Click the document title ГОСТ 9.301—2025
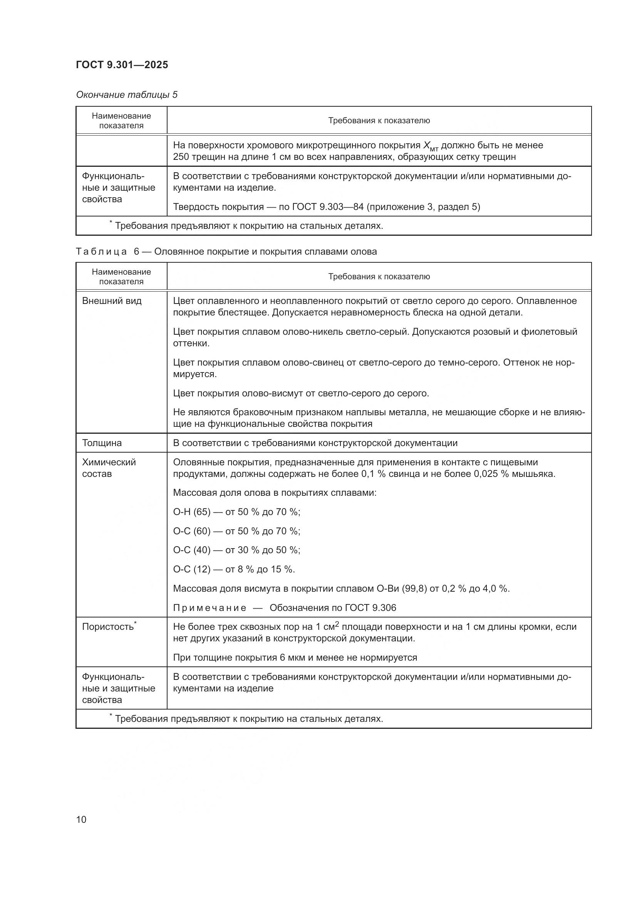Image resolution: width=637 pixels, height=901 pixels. (122, 65)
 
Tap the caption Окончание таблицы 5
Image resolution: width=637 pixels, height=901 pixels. (127, 95)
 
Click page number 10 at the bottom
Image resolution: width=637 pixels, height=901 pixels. (81, 819)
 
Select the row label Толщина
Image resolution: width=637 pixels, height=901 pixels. (102, 443)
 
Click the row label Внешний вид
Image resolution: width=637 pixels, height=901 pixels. (112, 300)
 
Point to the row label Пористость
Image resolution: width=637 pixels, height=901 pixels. (109, 627)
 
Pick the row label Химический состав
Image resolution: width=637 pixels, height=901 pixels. (109, 467)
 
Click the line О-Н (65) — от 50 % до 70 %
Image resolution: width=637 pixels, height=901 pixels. (236, 512)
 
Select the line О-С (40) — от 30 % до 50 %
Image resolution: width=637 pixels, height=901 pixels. (236, 550)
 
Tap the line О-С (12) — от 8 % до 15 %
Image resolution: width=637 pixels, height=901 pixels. (234, 569)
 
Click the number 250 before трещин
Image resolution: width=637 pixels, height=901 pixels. (181, 156)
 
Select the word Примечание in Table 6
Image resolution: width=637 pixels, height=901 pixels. (210, 607)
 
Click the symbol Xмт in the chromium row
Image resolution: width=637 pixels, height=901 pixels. (430, 146)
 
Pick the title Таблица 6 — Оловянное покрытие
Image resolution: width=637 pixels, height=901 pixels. (226, 252)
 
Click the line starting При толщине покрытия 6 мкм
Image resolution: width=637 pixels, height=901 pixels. (295, 657)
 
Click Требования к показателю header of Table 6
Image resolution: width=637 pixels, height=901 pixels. (379, 276)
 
